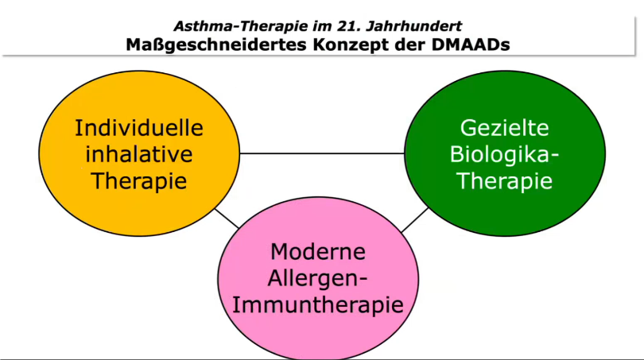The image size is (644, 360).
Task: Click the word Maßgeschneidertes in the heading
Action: click(216, 45)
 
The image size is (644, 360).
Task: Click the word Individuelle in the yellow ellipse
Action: click(139, 128)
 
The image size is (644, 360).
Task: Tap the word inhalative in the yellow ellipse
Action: click(139, 154)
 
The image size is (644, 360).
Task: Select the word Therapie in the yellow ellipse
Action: click(139, 181)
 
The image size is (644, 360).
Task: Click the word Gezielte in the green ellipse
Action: click(504, 128)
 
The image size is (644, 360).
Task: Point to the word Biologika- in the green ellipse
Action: click(504, 154)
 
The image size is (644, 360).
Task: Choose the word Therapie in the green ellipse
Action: click(504, 181)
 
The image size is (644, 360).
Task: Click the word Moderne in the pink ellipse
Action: click(318, 252)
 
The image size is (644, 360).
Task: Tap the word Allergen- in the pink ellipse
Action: click(318, 278)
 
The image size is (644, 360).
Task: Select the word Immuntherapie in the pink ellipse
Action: click(318, 305)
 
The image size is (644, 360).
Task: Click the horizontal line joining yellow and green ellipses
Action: click(322, 153)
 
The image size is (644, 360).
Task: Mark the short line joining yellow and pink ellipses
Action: click(227, 219)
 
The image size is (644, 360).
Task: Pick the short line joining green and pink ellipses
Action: click(415, 220)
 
